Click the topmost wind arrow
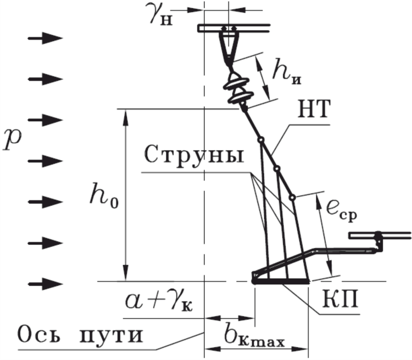pos(44,38)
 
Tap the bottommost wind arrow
pos(44,283)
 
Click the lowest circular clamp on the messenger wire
pos(293,196)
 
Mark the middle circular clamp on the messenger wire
pos(277,168)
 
